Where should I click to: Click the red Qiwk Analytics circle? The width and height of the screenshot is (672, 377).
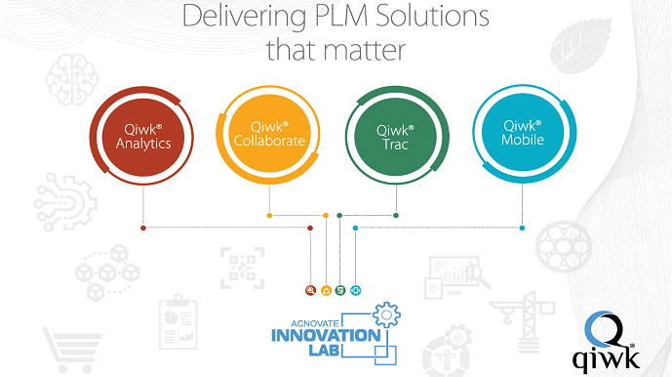tap(141, 136)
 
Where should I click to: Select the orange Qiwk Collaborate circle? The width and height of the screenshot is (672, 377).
tap(269, 135)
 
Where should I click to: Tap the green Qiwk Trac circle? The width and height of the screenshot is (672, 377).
tap(396, 136)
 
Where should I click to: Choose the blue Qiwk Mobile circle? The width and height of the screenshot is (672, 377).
tap(524, 133)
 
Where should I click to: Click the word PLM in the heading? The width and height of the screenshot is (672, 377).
tap(340, 16)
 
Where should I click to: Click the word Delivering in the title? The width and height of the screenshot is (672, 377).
tap(244, 18)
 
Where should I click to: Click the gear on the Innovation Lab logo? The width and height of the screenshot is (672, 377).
tap(386, 314)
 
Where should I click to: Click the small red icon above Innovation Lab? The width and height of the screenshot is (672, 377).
tap(311, 291)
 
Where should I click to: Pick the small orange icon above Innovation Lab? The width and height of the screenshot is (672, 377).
tap(326, 291)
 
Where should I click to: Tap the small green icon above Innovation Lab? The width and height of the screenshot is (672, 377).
tap(340, 291)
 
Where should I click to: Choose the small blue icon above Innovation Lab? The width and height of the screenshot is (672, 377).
tap(355, 291)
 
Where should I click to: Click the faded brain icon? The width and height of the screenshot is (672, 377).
tap(71, 79)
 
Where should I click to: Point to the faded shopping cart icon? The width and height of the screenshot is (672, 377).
tap(72, 350)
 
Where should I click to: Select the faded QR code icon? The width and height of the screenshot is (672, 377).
tap(242, 268)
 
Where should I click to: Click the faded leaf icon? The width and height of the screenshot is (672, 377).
tap(580, 46)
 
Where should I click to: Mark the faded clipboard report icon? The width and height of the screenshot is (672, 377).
tap(178, 322)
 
